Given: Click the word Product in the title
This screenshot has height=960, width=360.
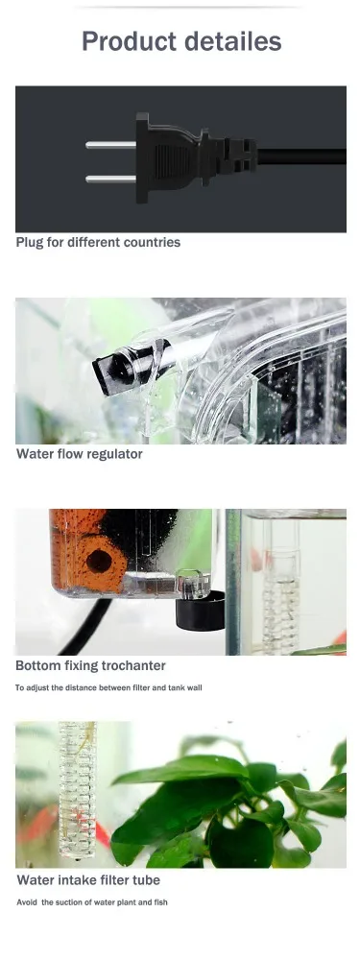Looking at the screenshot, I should point(129,42).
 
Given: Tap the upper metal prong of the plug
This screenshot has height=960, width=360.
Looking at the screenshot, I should point(110,145).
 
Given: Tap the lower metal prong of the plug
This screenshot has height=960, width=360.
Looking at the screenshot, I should point(110,178).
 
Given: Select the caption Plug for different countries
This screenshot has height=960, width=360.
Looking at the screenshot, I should point(98,243).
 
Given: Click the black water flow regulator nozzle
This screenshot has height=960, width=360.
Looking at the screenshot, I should point(115,368).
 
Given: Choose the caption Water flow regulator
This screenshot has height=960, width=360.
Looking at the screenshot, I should point(79,454).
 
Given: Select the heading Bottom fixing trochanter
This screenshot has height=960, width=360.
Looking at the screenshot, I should point(90,665).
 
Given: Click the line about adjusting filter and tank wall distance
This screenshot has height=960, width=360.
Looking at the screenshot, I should point(108,687).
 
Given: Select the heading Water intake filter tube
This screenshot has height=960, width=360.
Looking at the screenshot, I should point(88,880).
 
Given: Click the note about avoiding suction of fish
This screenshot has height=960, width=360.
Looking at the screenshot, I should point(92,902).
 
